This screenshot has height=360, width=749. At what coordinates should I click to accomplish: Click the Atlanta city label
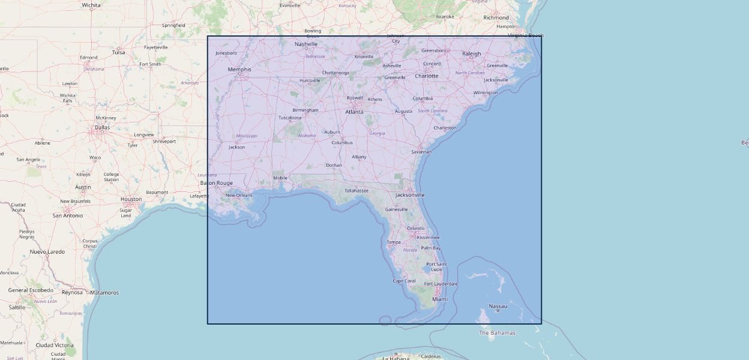coord(354,112)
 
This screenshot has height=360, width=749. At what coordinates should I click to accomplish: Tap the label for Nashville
coord(306,44)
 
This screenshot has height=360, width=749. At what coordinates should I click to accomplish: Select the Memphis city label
coord(239,70)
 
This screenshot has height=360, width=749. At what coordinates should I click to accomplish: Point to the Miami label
coord(440,299)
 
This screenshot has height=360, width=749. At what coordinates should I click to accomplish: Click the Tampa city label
coord(394,242)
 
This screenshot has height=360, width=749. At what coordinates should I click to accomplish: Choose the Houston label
coord(131,199)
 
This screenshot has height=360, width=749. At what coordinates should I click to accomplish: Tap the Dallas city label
coord(102,127)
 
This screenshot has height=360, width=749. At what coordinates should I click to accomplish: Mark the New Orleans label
coord(239,195)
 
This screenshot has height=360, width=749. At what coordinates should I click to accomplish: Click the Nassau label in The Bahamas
coord(498,306)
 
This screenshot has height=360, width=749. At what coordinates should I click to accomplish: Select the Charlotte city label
coord(427,76)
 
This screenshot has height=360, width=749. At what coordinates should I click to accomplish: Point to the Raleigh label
coord(472,53)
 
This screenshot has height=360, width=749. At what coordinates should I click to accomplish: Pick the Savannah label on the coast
coord(421,152)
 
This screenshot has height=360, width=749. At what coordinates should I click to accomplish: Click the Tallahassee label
coord(356,191)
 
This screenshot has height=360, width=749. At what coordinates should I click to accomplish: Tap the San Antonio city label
coord(68,215)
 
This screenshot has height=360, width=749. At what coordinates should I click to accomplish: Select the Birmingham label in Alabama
coord(305,110)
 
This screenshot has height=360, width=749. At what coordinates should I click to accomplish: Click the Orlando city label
coord(416,228)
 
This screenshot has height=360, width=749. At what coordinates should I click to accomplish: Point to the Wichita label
coord(91,5)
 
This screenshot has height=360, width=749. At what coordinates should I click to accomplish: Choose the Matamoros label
coord(104,293)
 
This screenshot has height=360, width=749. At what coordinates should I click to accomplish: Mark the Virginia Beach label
coord(526,35)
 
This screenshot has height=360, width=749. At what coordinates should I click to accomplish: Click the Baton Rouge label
coord(216,183)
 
